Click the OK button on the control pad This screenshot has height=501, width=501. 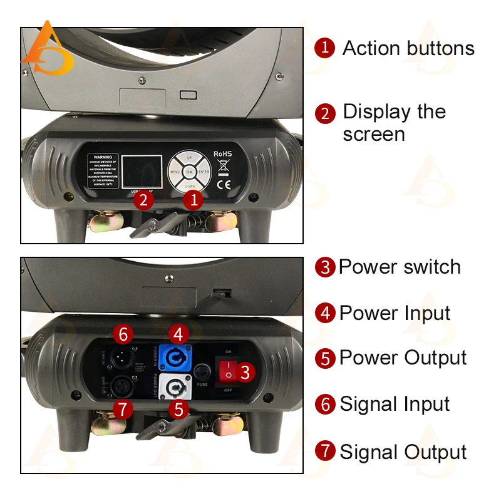[189, 171]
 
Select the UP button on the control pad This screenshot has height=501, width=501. [189, 157]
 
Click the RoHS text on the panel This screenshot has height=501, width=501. [223, 153]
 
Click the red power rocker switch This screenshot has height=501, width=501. [229, 370]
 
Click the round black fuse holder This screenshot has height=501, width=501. [202, 371]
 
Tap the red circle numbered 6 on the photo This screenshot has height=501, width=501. [123, 334]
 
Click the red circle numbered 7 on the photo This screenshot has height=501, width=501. [123, 410]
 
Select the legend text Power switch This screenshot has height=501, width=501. [400, 267]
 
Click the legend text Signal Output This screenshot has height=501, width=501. [403, 452]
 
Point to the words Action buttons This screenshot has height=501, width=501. [408, 48]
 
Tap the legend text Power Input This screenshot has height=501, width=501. [395, 312]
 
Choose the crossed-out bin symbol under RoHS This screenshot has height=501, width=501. [223, 167]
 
